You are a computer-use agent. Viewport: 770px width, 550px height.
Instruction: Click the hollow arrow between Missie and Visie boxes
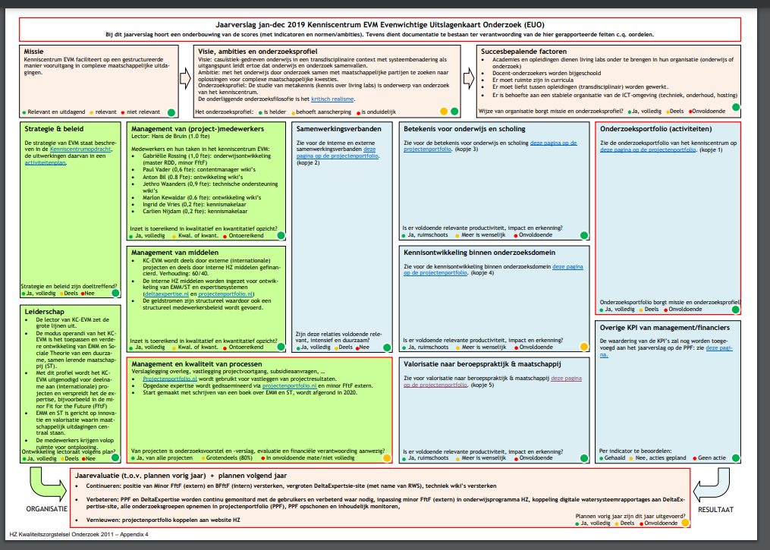click(184, 78)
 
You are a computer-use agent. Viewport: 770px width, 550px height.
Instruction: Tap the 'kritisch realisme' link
click(335, 99)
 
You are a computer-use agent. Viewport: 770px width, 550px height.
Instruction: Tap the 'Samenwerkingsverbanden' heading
click(338, 128)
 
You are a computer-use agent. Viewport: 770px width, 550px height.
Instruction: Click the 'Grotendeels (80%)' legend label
click(228, 458)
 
